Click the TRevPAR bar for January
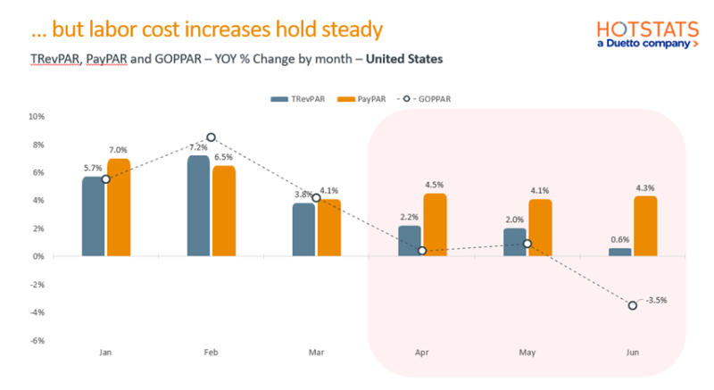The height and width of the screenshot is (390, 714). coord(94,216)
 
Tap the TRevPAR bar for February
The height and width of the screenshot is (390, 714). coord(199,205)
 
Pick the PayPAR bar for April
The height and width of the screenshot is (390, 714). coord(435,224)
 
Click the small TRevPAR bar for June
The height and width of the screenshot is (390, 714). coord(620,252)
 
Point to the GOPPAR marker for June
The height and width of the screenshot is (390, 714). coord(633,305)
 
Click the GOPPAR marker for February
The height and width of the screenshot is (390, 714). coord(211,137)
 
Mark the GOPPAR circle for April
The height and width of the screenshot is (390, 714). coord(422,251)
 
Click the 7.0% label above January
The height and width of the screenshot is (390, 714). coord(118,150)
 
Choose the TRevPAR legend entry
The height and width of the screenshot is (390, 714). coord(296,99)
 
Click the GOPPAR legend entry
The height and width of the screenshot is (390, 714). coord(413,99)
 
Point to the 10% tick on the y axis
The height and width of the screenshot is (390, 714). coord(37,116)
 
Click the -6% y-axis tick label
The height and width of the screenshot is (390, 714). coord(37,340)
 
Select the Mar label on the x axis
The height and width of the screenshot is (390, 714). coord(316,353)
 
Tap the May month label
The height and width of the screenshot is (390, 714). coord(527,353)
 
